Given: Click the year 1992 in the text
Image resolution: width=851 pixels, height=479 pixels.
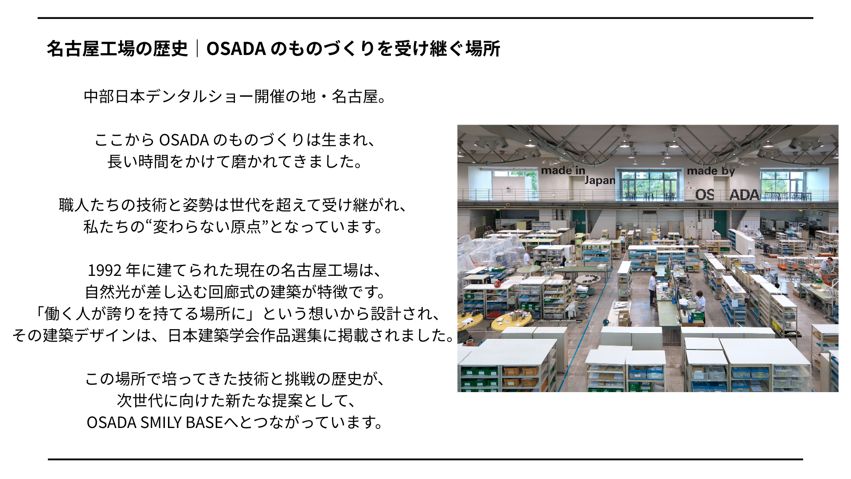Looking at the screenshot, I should click(x=105, y=270).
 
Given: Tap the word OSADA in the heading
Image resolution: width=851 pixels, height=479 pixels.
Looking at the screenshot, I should click(x=236, y=49).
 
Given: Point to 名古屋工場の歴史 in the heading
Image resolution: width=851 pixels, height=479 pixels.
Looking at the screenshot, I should click(x=117, y=49).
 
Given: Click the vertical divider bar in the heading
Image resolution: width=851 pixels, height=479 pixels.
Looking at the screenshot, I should click(x=197, y=49).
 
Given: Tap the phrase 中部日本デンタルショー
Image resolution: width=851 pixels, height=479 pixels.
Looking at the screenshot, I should click(x=168, y=96).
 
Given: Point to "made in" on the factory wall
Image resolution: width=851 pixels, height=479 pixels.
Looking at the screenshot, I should click(x=563, y=171).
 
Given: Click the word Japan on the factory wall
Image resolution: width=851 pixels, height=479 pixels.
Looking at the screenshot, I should click(x=600, y=181).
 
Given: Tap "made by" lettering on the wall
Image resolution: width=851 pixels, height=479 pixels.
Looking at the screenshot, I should click(x=710, y=171).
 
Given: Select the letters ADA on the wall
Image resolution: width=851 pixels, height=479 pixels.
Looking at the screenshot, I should click(x=744, y=195).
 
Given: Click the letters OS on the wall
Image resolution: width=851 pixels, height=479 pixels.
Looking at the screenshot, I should click(x=704, y=195).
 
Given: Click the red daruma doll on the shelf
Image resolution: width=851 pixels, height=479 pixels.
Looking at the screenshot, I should click(x=497, y=283).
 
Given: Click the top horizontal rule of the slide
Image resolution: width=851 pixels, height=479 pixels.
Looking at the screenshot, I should click(x=425, y=18).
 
